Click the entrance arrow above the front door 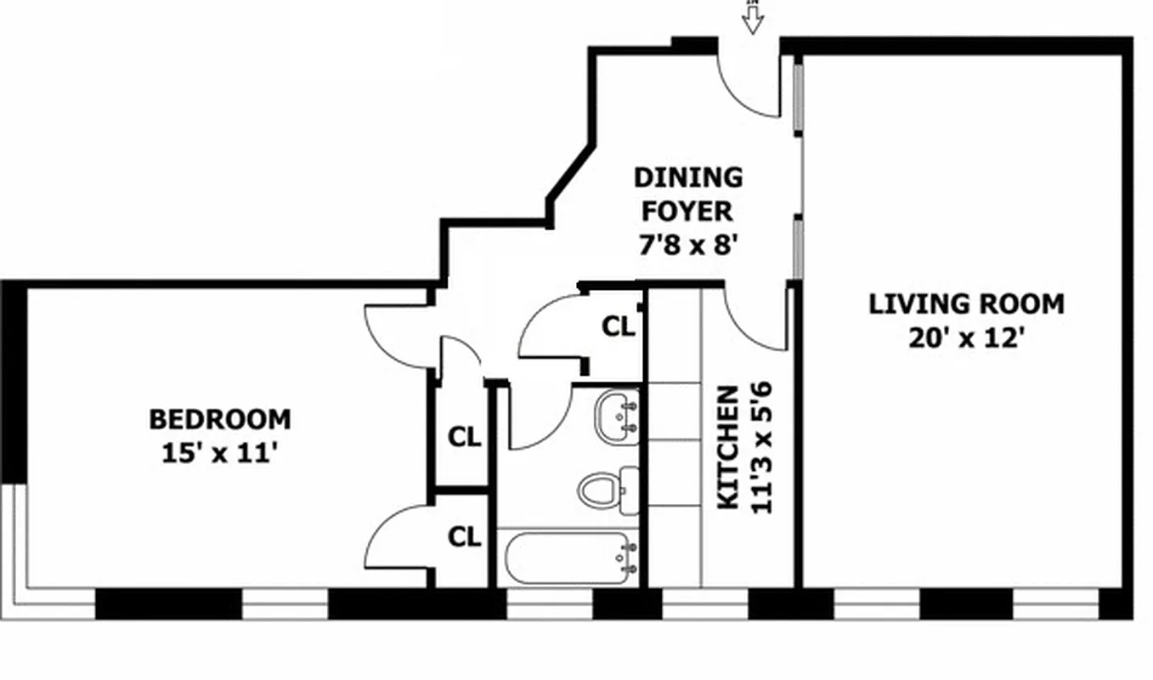tap(752, 18)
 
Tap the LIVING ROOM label tap(966, 304)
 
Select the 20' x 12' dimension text tap(964, 338)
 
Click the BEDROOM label tap(220, 420)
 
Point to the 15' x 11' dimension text tap(220, 453)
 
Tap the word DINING tap(688, 178)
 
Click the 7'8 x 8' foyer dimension tap(687, 246)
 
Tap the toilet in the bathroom tap(604, 490)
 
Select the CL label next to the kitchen tap(618, 326)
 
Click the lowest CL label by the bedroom tap(464, 537)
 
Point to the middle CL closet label tap(464, 438)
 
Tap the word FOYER tap(687, 211)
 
